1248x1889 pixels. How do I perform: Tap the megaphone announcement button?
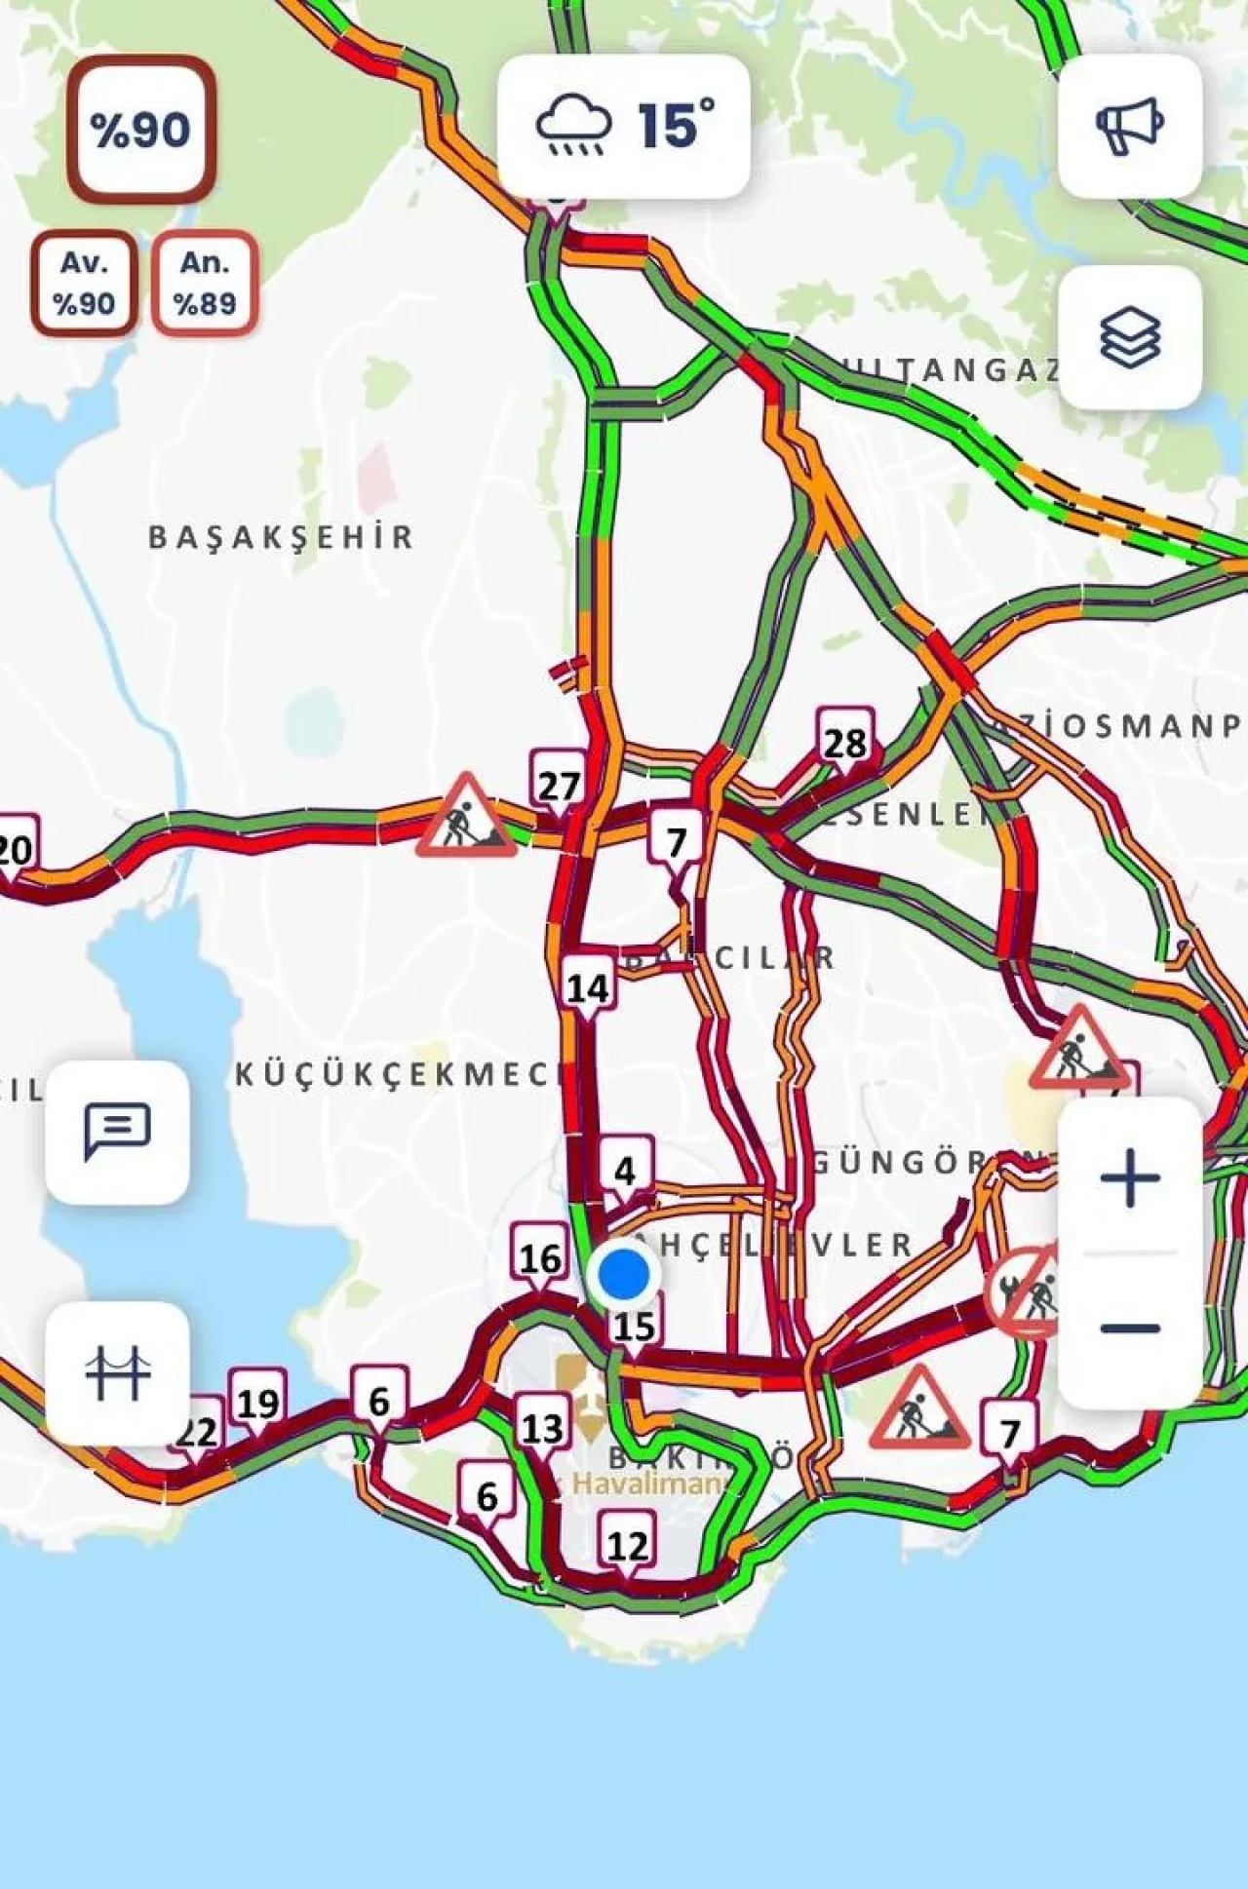tap(1129, 126)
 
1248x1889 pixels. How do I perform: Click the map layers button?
tap(1129, 337)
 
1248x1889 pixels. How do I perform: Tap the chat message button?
tap(117, 1131)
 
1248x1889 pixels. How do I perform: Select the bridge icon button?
tap(117, 1372)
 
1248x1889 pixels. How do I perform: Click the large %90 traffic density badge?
tap(141, 130)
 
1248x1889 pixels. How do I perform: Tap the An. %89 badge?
tap(205, 283)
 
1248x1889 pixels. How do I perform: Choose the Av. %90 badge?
tap(84, 283)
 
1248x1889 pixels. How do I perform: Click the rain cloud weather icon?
tap(574, 125)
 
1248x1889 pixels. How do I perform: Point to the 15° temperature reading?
tap(676, 125)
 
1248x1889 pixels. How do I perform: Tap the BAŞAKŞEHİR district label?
tap(281, 537)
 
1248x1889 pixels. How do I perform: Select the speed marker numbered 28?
tap(844, 744)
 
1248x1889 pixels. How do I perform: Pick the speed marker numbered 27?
tap(559, 785)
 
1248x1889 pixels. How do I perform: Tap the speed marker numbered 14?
tap(588, 987)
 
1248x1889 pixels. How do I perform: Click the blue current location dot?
tap(624, 1274)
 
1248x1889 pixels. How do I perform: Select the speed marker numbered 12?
tap(627, 1545)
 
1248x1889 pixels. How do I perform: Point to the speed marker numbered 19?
tap(257, 1404)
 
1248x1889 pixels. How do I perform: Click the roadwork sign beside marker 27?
tap(466, 817)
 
